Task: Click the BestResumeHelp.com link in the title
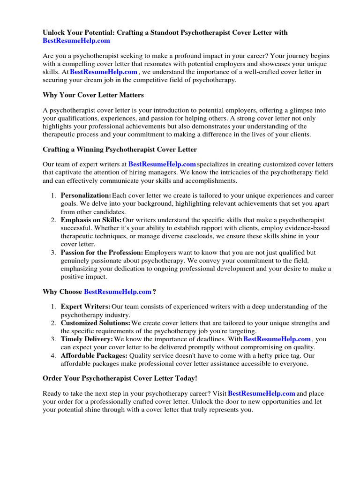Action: click(76, 41)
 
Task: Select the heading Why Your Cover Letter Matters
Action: click(93, 95)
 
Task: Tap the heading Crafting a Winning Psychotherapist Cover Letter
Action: click(120, 150)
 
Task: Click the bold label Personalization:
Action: click(86, 195)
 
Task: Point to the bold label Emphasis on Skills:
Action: click(91, 220)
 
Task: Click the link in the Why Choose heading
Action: click(118, 292)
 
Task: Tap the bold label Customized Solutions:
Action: click(95, 323)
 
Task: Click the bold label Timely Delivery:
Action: click(87, 339)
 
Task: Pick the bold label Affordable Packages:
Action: click(94, 356)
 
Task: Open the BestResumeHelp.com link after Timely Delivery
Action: click(277, 339)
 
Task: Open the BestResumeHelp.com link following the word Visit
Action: click(261, 393)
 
